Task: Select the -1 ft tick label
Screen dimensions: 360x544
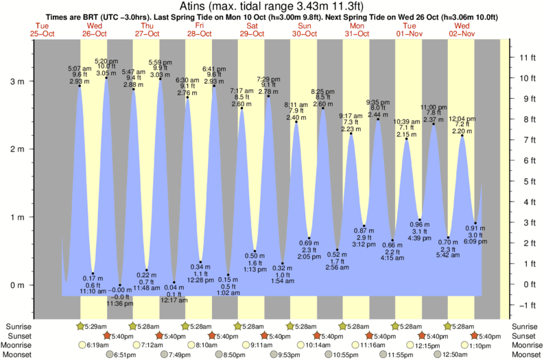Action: [524, 305]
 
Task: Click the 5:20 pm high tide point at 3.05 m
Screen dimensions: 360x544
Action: [106, 77]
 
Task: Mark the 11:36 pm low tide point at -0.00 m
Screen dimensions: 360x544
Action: [120, 285]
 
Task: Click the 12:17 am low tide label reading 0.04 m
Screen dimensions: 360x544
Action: [174, 292]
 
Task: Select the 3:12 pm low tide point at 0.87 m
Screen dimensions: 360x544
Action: [364, 226]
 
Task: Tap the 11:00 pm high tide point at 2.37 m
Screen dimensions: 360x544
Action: [434, 123]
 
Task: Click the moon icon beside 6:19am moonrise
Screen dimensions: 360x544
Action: [84, 345]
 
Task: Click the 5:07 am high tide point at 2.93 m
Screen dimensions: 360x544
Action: [80, 86]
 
